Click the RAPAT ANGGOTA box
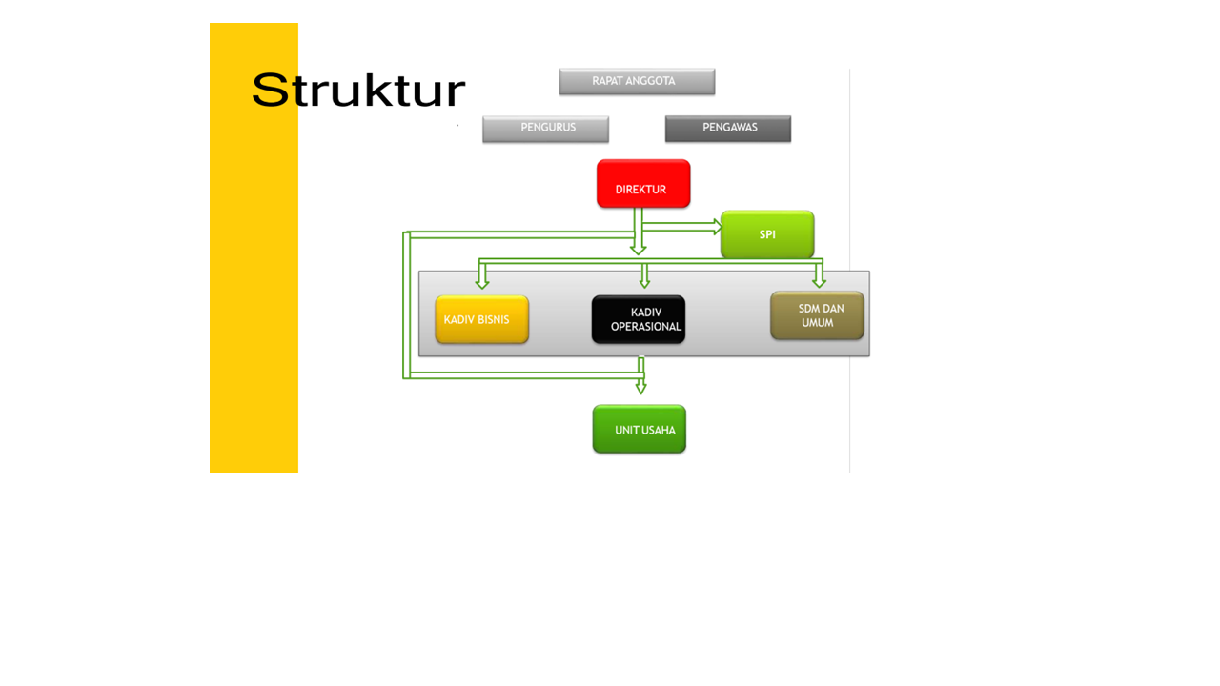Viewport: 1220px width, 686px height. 637,82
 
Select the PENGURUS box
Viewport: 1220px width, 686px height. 545,129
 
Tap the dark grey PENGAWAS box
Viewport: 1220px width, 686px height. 728,129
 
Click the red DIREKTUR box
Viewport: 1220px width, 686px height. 643,184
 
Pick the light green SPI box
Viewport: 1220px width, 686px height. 767,234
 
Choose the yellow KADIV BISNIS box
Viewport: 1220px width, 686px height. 482,319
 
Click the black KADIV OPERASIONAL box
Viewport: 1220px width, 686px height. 639,319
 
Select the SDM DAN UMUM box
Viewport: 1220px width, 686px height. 817,315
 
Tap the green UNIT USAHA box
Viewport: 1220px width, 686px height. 640,430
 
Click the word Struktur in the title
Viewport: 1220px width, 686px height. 358,91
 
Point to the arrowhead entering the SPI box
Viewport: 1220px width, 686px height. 718,227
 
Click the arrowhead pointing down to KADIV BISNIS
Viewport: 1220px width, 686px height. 482,282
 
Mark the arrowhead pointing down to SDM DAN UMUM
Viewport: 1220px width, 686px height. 819,282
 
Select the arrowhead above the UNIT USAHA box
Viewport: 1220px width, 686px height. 640,388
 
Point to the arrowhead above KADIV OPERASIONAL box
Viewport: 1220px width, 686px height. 645,282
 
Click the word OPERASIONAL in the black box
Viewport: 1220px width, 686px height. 646,327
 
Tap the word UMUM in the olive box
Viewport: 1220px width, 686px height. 818,323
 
